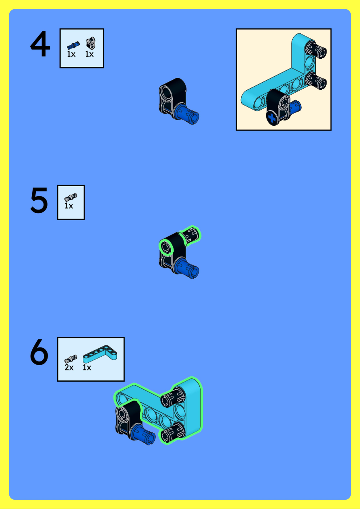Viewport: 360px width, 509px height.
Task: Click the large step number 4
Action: (40, 44)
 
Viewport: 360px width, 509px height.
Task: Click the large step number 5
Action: (39, 200)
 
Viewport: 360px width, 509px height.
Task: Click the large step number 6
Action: (39, 352)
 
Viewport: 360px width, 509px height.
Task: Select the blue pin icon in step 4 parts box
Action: (73, 46)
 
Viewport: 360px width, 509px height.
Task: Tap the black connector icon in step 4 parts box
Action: (91, 43)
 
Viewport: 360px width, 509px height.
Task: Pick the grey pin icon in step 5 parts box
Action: (71, 197)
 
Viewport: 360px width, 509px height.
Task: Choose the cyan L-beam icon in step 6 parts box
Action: (100, 354)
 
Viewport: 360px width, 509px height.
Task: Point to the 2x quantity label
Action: (69, 368)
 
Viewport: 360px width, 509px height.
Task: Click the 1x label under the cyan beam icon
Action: (87, 368)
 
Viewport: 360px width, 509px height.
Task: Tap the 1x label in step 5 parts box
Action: (69, 206)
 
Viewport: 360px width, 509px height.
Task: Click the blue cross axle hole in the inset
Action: (271, 118)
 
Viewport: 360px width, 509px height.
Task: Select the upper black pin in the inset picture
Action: (316, 49)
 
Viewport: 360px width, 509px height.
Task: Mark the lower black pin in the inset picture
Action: (316, 81)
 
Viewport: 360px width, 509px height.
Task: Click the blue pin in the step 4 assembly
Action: (188, 113)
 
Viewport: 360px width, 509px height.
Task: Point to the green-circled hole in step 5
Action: (166, 248)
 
